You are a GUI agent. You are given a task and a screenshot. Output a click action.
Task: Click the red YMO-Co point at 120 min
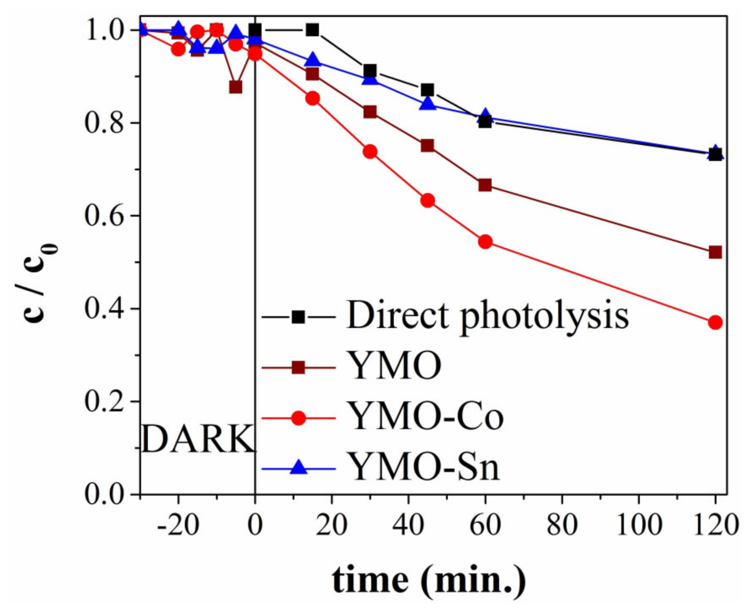click(x=715, y=322)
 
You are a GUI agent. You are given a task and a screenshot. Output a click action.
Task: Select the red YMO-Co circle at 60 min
click(x=485, y=242)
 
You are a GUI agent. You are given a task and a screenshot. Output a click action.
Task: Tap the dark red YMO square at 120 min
click(x=715, y=252)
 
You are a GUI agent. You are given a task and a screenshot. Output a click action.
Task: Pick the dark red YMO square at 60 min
click(x=485, y=185)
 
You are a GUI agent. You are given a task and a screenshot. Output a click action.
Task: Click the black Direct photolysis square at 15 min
click(x=313, y=30)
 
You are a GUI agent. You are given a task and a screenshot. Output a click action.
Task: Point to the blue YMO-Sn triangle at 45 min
click(x=428, y=103)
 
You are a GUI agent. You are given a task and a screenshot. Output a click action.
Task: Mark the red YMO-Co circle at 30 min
click(x=370, y=152)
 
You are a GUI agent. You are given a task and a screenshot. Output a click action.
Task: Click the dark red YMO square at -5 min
click(x=236, y=87)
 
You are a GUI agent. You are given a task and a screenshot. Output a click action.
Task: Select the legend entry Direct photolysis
click(x=488, y=316)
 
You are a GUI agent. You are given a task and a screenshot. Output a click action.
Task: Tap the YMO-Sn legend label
click(x=425, y=467)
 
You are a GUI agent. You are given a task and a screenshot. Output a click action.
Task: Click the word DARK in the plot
click(x=198, y=439)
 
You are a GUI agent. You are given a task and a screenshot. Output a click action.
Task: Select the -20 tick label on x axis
click(x=177, y=525)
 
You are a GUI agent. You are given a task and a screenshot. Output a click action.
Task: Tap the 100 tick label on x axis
click(x=639, y=525)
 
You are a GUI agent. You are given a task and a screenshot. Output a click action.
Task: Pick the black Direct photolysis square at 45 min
click(x=428, y=90)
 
